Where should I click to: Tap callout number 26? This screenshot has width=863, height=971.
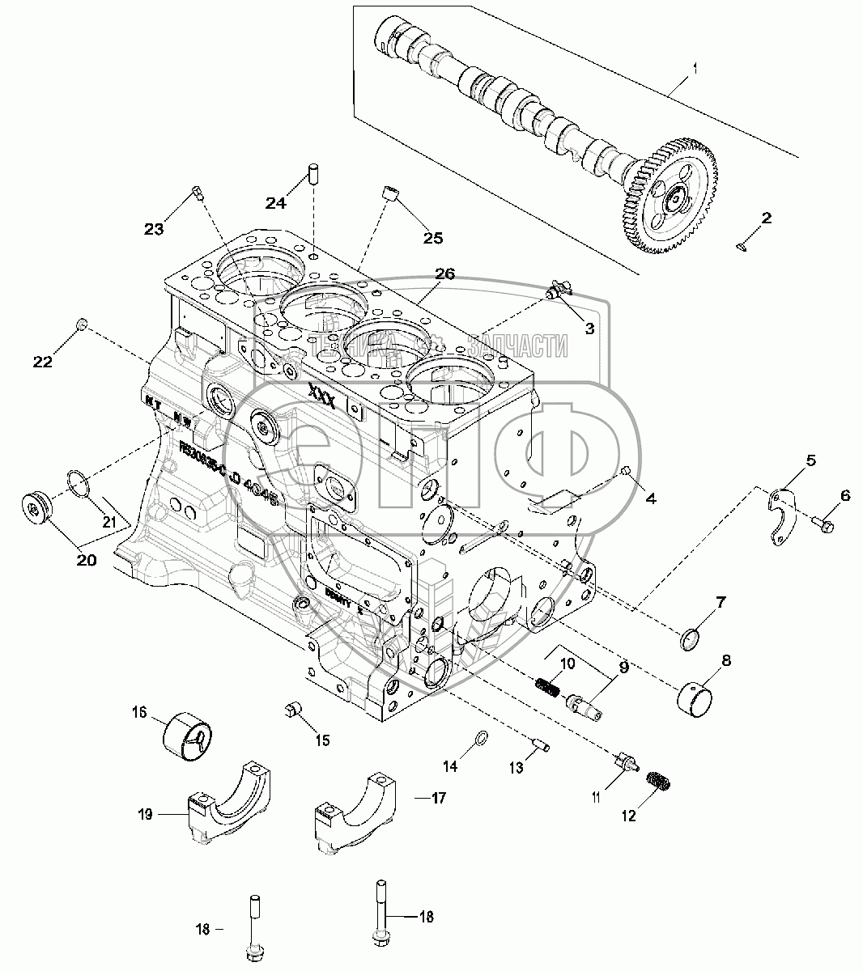pos(444,274)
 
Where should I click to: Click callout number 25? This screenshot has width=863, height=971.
pos(433,237)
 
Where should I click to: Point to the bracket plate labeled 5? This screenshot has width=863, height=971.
pos(781,515)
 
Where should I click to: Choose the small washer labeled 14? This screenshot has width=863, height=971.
pos(480,737)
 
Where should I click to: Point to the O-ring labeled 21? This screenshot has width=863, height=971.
pos(78,483)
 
